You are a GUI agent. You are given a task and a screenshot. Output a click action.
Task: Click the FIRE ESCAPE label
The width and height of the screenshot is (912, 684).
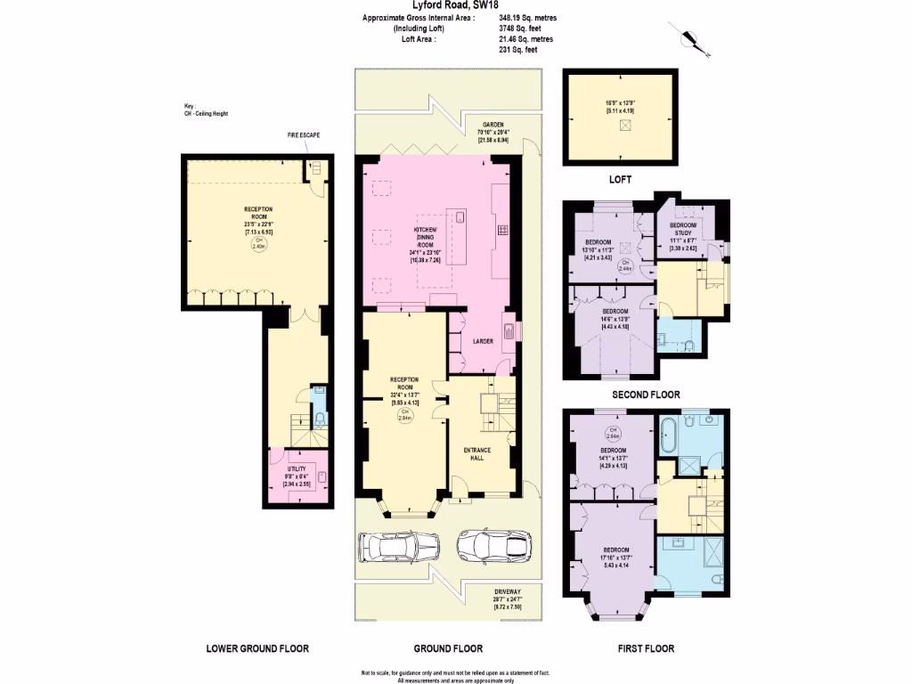[303, 134]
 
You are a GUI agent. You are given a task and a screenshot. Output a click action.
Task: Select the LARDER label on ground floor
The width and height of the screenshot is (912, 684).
[483, 341]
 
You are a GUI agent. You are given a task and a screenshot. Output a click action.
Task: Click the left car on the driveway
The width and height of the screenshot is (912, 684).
[397, 545]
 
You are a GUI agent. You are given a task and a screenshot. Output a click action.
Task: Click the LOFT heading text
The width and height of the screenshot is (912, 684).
[620, 179]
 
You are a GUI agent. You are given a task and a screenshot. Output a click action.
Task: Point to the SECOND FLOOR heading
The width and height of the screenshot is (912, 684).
[646, 395]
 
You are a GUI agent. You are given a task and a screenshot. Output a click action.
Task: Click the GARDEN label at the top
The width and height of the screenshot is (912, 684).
[495, 125]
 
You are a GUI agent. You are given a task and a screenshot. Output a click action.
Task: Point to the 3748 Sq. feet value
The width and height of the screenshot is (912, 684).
[520, 28]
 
